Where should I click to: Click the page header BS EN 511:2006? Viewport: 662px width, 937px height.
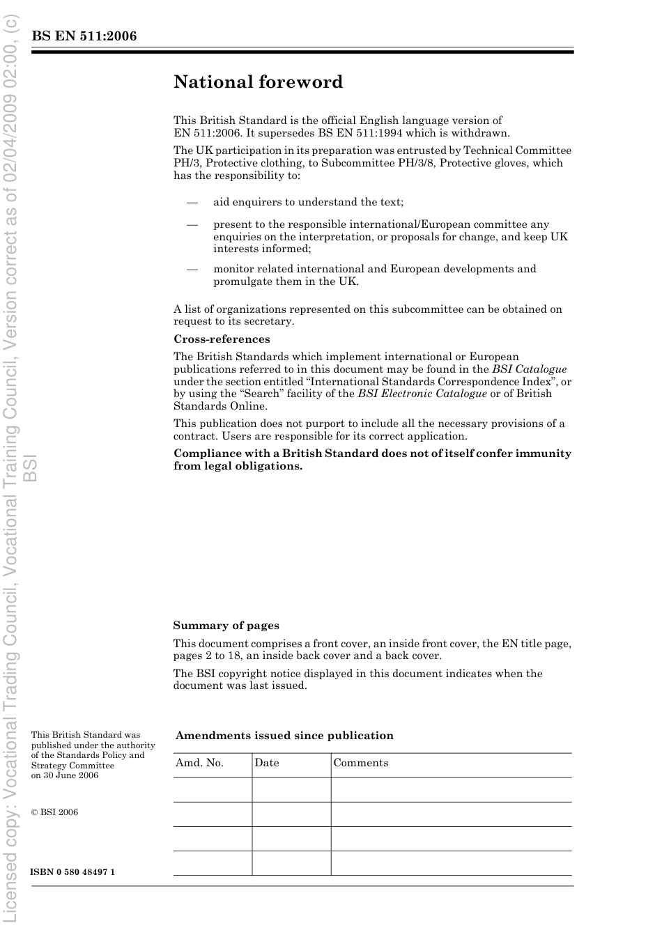(x=84, y=36)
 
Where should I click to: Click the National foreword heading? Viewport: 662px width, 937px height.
(x=258, y=82)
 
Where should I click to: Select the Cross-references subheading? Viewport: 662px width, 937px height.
(x=222, y=339)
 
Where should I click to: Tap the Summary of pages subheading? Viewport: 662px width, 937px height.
(x=226, y=626)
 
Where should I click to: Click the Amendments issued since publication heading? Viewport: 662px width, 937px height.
(x=284, y=736)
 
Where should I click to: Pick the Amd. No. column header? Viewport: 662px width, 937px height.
(x=199, y=763)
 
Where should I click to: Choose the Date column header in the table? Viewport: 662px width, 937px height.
(x=266, y=763)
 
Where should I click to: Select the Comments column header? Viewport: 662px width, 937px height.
(x=360, y=763)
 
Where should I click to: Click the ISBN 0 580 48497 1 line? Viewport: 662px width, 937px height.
(x=72, y=873)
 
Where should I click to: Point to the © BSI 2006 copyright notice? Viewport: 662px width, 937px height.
(x=54, y=812)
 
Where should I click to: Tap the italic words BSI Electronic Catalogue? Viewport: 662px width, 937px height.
(x=422, y=394)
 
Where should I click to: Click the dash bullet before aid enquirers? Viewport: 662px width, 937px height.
(x=192, y=202)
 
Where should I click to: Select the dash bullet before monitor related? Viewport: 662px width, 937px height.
(x=192, y=269)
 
